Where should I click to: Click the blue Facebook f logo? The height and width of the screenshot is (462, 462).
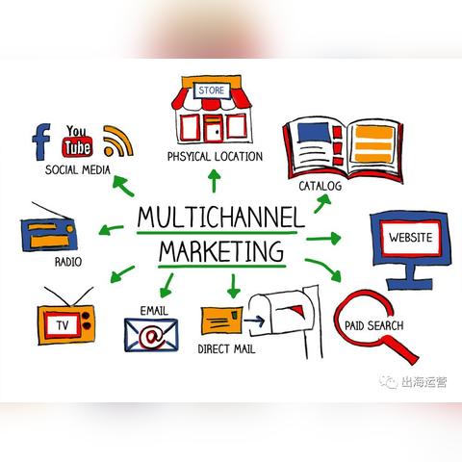[41, 141]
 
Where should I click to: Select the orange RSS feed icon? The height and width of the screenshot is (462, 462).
[117, 141]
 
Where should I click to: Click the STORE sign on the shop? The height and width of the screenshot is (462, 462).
[212, 90]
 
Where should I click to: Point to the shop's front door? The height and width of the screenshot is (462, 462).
[213, 129]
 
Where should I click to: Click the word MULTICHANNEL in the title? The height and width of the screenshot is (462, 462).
[220, 218]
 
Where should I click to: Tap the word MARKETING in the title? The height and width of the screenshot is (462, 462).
[221, 251]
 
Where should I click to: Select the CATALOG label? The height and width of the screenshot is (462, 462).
[320, 186]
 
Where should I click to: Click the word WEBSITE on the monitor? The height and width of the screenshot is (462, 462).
[411, 238]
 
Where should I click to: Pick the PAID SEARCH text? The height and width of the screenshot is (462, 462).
[373, 326]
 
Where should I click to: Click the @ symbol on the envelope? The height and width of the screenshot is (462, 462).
[150, 336]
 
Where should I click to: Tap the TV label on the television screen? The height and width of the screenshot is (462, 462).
[63, 325]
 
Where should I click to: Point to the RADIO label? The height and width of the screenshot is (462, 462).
[68, 262]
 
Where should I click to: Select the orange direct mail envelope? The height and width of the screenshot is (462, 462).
[221, 321]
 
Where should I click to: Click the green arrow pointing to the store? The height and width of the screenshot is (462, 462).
[214, 181]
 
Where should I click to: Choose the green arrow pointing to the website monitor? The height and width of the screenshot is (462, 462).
[323, 239]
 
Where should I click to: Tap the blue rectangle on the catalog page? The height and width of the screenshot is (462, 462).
[314, 133]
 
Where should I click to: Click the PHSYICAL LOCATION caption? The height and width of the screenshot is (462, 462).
[215, 157]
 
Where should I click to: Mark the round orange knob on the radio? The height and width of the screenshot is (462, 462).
[70, 229]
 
